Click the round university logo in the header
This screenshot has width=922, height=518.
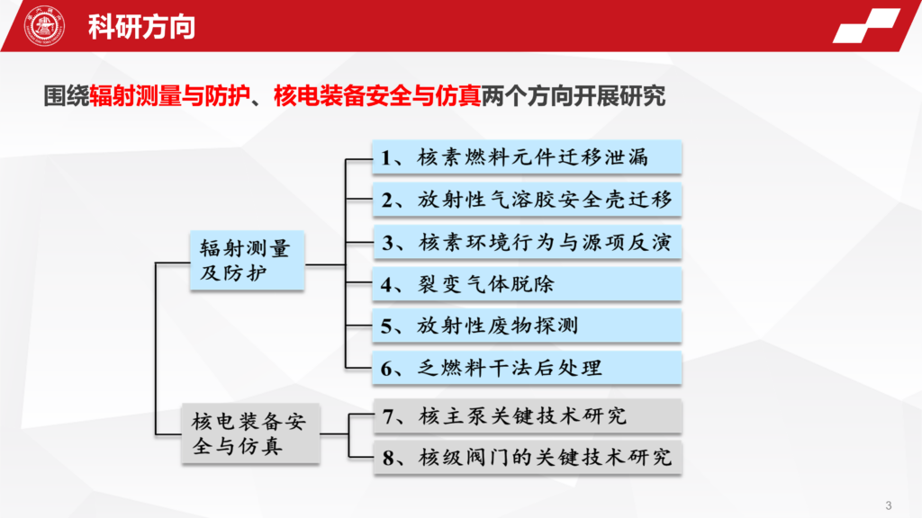click(44, 26)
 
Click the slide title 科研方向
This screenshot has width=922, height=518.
click(141, 27)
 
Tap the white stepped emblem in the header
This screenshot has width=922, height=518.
click(866, 25)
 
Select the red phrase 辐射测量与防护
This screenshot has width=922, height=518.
click(170, 95)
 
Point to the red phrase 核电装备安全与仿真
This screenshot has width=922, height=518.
click(377, 95)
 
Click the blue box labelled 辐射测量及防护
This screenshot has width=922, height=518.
click(247, 260)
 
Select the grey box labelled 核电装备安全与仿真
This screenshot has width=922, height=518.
click(250, 433)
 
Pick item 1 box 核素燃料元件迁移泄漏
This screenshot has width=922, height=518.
click(527, 157)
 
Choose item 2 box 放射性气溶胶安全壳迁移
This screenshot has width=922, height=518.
click(527, 200)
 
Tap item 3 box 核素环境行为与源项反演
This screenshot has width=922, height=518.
click(527, 242)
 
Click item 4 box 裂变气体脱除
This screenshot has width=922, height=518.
click(527, 284)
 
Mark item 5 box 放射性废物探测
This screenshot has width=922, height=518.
click(527, 326)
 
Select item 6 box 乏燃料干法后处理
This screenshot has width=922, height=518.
click(527, 368)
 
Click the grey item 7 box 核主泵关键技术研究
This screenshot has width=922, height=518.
click(528, 416)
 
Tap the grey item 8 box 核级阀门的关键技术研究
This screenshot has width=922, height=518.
click(528, 458)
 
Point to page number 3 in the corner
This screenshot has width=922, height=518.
click(889, 505)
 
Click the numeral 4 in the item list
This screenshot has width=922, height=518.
click(386, 285)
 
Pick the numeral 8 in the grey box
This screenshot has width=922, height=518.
click(388, 458)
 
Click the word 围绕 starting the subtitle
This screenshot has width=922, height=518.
click(67, 95)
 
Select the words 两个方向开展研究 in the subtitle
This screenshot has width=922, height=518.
click(574, 95)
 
